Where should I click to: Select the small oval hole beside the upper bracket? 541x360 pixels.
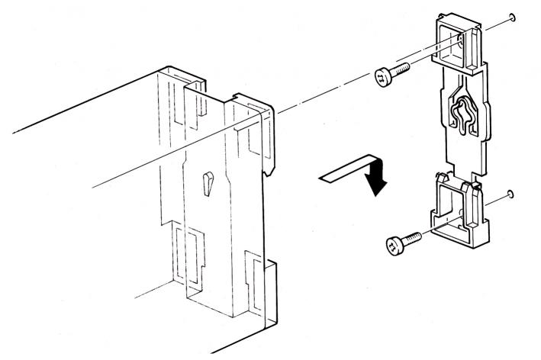click(513, 17)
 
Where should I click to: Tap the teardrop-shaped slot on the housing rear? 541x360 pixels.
click(208, 183)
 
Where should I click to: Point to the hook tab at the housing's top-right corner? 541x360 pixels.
click(256, 107)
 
